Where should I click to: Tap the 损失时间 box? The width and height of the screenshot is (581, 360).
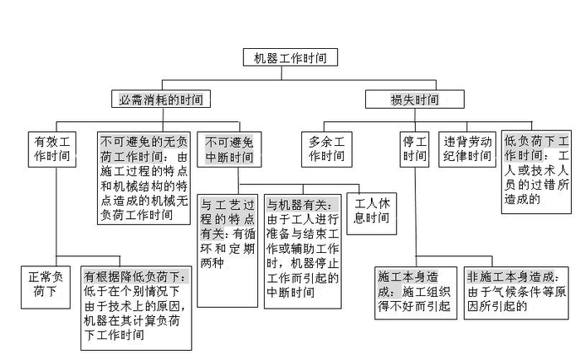414,100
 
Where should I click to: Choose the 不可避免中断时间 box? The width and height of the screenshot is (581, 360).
228,148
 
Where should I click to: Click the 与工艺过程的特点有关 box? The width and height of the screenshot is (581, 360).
227,237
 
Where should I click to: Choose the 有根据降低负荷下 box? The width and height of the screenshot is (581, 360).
137,306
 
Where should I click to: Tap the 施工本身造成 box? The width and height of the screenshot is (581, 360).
414,290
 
